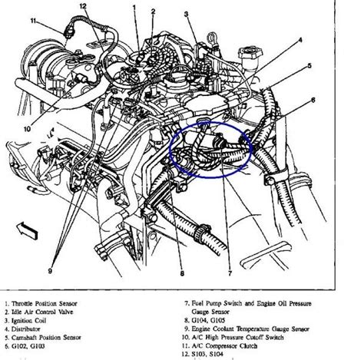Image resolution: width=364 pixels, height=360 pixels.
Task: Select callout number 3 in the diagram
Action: tap(186, 15)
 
